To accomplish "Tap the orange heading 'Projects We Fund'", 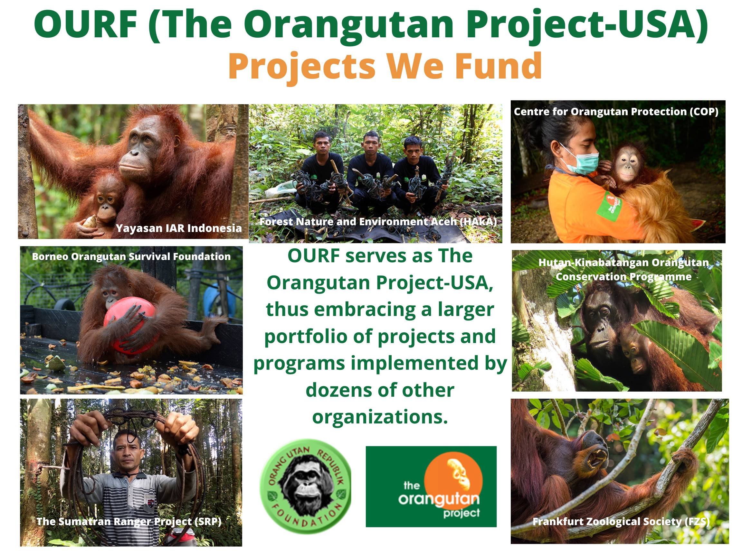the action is [x=385, y=66].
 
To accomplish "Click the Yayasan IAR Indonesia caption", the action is [x=179, y=228].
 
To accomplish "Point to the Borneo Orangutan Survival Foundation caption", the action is [x=131, y=257].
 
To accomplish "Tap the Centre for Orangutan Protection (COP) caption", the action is [x=616, y=112].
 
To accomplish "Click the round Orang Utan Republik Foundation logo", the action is [x=306, y=486].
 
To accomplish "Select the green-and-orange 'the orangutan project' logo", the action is [x=431, y=486].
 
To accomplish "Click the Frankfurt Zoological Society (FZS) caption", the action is [x=621, y=522].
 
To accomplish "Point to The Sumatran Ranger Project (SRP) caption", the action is [x=129, y=522].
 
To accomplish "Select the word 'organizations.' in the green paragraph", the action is [x=380, y=417].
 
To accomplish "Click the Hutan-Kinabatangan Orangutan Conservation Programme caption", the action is [x=623, y=269].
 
